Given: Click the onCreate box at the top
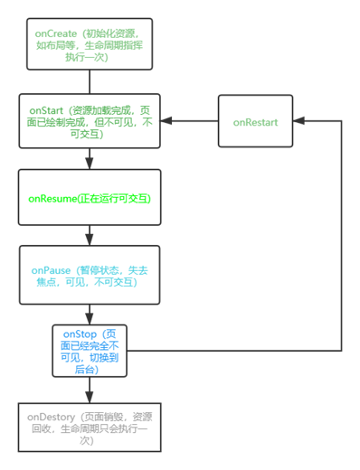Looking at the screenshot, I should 88,42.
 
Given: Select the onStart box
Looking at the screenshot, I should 88,121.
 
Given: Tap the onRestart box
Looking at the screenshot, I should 256,121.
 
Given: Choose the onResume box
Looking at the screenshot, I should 88,197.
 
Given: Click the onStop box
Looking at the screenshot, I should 88,351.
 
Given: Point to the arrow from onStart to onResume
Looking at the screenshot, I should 88,159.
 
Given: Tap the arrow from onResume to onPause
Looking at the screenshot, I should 88,236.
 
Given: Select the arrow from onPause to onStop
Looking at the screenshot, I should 88,314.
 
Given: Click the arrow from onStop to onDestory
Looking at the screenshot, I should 88,390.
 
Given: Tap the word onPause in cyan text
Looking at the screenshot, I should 51,270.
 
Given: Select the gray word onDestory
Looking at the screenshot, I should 51,417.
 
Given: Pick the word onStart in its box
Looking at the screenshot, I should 47,108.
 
